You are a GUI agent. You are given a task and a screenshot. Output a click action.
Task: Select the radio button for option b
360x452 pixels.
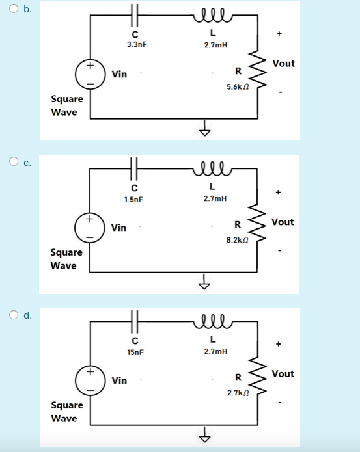(13, 8)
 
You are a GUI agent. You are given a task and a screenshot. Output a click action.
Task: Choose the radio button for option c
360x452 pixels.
(13, 161)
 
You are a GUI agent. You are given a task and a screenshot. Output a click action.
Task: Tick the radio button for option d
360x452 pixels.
(13, 315)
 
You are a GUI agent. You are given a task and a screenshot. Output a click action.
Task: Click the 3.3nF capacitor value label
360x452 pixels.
(136, 44)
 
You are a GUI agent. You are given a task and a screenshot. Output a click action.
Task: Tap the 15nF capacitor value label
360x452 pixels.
(135, 351)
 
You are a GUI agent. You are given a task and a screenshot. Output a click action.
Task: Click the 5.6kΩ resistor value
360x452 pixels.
(236, 86)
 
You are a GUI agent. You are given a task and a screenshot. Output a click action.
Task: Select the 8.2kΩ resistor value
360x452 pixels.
(236, 240)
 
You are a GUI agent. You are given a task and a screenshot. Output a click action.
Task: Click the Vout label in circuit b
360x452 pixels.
(283, 64)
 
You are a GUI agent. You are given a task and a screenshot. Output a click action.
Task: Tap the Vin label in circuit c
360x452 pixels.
(119, 228)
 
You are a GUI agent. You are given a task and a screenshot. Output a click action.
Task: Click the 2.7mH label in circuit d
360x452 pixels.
(215, 351)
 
